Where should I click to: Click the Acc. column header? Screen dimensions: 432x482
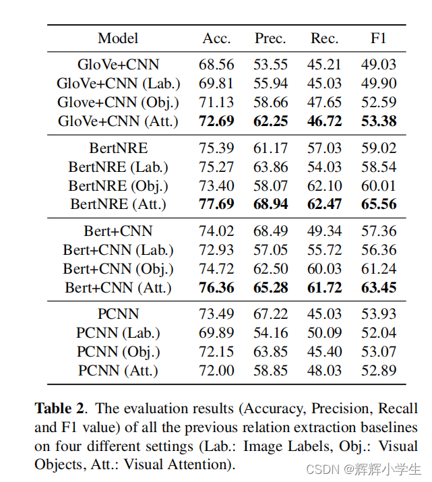tap(216, 38)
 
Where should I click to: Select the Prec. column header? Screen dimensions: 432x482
tap(270, 38)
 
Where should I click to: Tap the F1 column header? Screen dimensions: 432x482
tap(378, 38)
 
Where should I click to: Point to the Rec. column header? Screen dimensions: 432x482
tap(324, 38)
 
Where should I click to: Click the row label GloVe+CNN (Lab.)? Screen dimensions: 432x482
tap(119, 84)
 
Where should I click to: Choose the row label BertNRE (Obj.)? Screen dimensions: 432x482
tap(119, 185)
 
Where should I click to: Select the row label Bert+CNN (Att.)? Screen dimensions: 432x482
tap(119, 288)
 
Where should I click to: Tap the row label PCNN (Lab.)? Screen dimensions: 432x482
tap(119, 332)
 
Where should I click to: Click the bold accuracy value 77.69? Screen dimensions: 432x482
tap(216, 204)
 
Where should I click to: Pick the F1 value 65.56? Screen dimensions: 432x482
tap(379, 204)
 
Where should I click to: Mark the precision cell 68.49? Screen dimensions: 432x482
tap(271, 231)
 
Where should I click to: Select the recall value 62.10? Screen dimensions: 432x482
tap(324, 185)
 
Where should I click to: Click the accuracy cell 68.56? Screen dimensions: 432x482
tap(216, 65)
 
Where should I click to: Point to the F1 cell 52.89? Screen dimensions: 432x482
tap(379, 370)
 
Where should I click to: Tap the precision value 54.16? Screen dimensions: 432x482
tap(271, 332)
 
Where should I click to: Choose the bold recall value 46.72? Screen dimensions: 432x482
tap(324, 121)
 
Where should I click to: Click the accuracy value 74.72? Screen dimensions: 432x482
tap(216, 269)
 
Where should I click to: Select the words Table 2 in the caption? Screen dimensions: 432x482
tap(59, 409)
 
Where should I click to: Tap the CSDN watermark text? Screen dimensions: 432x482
tap(323, 470)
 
